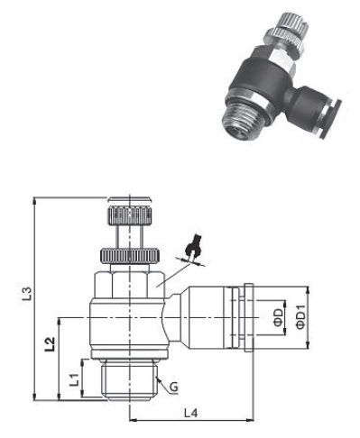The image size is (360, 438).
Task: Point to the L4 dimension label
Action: click(190, 413)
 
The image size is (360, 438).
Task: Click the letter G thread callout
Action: click(172, 388)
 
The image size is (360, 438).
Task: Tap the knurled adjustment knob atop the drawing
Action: click(127, 216)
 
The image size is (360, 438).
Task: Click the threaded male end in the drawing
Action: click(127, 379)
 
